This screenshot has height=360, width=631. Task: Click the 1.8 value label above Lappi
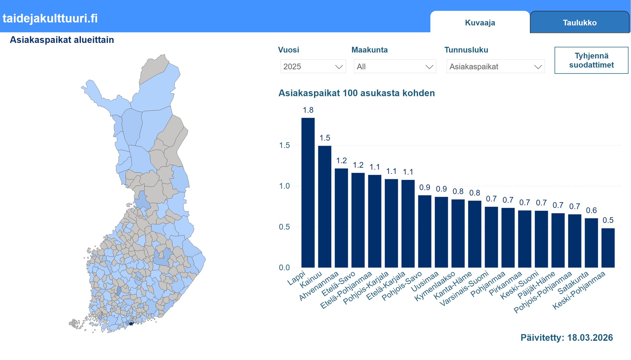click(308, 110)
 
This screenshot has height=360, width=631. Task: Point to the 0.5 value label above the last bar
click(608, 220)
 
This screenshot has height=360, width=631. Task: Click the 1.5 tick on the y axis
click(284, 145)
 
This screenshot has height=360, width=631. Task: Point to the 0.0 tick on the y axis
click(284, 268)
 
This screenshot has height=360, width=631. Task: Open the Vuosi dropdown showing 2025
click(313, 67)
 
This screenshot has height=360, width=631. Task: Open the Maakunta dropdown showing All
click(395, 67)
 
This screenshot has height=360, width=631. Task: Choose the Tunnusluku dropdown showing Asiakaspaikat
click(495, 67)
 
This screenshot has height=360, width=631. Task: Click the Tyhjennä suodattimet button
click(591, 60)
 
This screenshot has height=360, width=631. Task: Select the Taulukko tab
click(579, 23)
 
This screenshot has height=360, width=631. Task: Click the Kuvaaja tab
click(480, 23)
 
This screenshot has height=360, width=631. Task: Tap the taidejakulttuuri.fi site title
click(50, 18)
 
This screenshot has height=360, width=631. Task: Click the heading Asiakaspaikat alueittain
click(62, 40)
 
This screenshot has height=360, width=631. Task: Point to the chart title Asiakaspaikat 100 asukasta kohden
click(356, 93)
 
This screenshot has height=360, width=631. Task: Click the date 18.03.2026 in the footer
click(590, 338)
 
